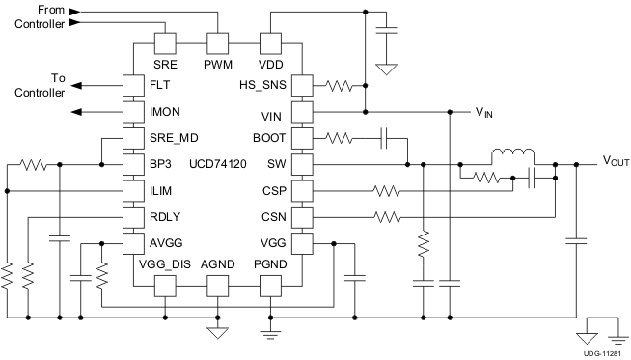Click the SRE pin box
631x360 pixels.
[165, 43]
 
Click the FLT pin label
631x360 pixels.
[161, 85]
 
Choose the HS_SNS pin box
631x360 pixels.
[302, 85]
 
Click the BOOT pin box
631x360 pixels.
[302, 138]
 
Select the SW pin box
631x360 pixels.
[302, 164]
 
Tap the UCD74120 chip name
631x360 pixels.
[219, 164]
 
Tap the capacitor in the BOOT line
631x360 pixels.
[385, 138]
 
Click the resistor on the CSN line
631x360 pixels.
[386, 217]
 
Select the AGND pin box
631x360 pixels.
[218, 286]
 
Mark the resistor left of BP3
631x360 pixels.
[35, 164]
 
